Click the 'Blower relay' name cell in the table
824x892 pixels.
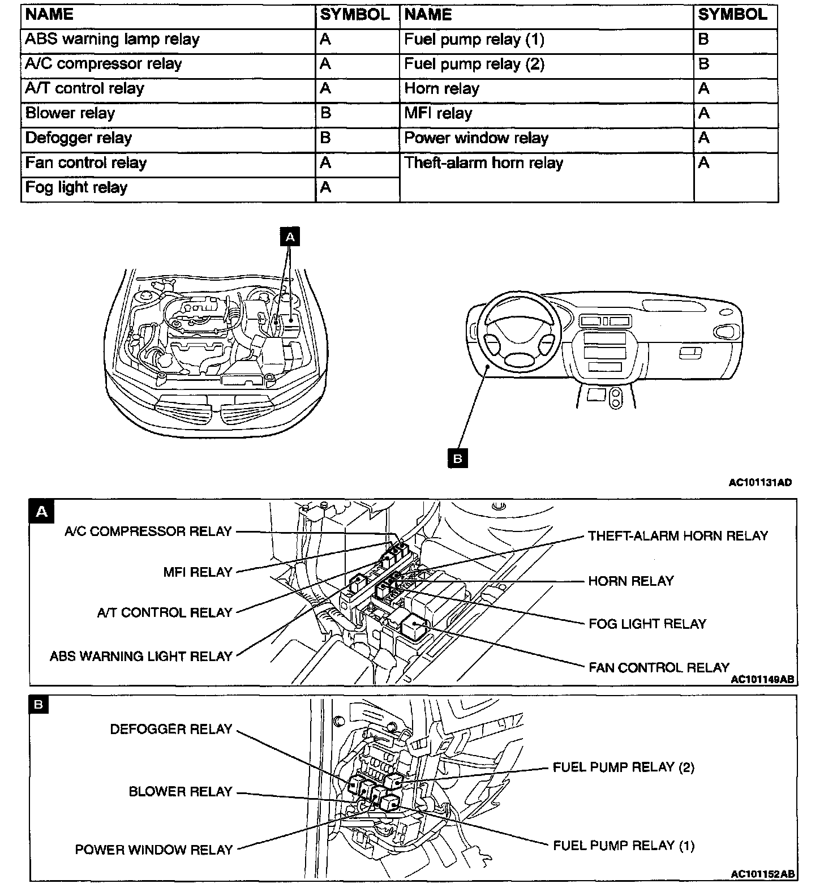click(x=70, y=113)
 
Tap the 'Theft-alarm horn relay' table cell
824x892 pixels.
click(x=484, y=163)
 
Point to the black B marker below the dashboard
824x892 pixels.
click(x=458, y=458)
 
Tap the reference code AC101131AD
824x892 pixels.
click(x=759, y=483)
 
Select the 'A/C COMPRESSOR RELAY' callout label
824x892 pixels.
click(x=148, y=531)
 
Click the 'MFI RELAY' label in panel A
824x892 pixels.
click(x=198, y=572)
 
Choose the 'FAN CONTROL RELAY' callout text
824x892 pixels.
click(x=659, y=667)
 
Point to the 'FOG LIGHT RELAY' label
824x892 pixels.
click(x=647, y=624)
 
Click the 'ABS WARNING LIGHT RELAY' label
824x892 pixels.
click(x=141, y=657)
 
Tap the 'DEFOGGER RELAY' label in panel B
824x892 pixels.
click(x=171, y=729)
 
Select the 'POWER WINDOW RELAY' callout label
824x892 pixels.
click(x=154, y=850)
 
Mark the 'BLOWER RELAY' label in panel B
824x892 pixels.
click(x=181, y=791)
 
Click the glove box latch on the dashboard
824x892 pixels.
click(x=690, y=353)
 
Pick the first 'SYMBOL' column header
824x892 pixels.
click(x=355, y=15)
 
